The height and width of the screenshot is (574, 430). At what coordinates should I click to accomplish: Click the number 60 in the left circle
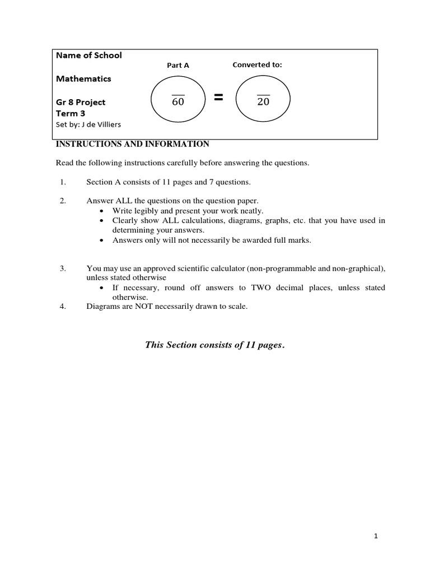[178, 102]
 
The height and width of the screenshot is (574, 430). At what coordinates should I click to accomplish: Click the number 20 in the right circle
[263, 102]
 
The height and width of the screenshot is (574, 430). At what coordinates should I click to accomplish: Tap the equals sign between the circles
[218, 98]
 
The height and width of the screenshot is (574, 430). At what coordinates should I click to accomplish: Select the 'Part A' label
[178, 65]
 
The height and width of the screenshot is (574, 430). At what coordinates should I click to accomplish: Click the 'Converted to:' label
[257, 64]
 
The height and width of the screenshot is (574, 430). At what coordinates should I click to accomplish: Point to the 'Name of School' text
[88, 55]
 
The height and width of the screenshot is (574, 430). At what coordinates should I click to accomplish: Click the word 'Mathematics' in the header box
[83, 78]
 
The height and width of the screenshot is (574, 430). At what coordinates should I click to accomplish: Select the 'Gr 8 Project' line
[81, 102]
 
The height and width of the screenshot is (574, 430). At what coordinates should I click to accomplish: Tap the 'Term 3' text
[71, 113]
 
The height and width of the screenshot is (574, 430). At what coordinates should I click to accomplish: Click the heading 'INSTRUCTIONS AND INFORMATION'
[132, 144]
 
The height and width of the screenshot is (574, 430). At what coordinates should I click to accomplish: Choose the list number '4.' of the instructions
[63, 306]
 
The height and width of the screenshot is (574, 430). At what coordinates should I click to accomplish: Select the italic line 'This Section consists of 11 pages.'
[215, 345]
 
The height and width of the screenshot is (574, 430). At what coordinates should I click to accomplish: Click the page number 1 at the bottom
[376, 536]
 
